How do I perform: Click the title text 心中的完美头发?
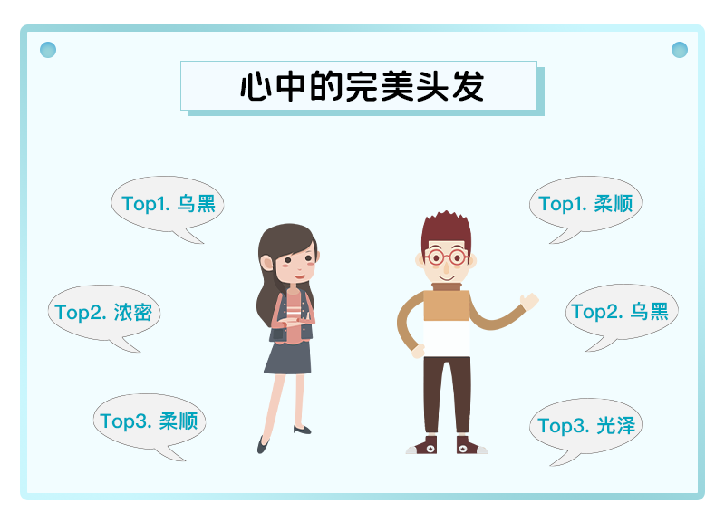coord(362,86)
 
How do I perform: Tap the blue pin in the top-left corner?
coord(48,50)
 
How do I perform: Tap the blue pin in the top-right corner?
coord(679,50)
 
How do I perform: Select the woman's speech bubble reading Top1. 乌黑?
coord(168,203)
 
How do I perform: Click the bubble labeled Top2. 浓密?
coord(104,312)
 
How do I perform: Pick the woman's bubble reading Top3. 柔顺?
coord(150,421)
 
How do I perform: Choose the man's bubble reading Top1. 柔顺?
coord(585,203)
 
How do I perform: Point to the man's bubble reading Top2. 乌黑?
coord(622,312)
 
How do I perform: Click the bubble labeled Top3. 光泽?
coord(585,426)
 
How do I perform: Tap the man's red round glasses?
coord(446,257)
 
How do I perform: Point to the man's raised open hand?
coord(529,302)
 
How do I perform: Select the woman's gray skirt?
coord(288,357)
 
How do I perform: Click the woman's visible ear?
coord(266,263)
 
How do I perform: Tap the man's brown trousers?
coord(447,395)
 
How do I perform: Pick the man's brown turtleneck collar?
coord(447,286)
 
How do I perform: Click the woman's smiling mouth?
coord(300,276)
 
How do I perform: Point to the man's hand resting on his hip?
coord(418,352)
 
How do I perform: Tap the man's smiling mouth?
coord(446,278)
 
